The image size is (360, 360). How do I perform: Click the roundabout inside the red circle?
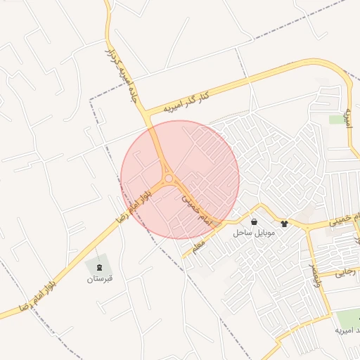tap(169, 179)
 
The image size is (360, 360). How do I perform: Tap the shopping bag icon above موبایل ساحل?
tap(253, 221)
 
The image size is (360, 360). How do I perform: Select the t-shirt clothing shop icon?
tap(284, 223)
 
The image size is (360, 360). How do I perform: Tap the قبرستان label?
tap(100, 278)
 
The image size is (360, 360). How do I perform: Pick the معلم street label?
tap(198, 245)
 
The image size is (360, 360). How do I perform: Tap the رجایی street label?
tap(346, 274)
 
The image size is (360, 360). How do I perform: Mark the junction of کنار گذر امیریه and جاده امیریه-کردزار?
tap(146, 115)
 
